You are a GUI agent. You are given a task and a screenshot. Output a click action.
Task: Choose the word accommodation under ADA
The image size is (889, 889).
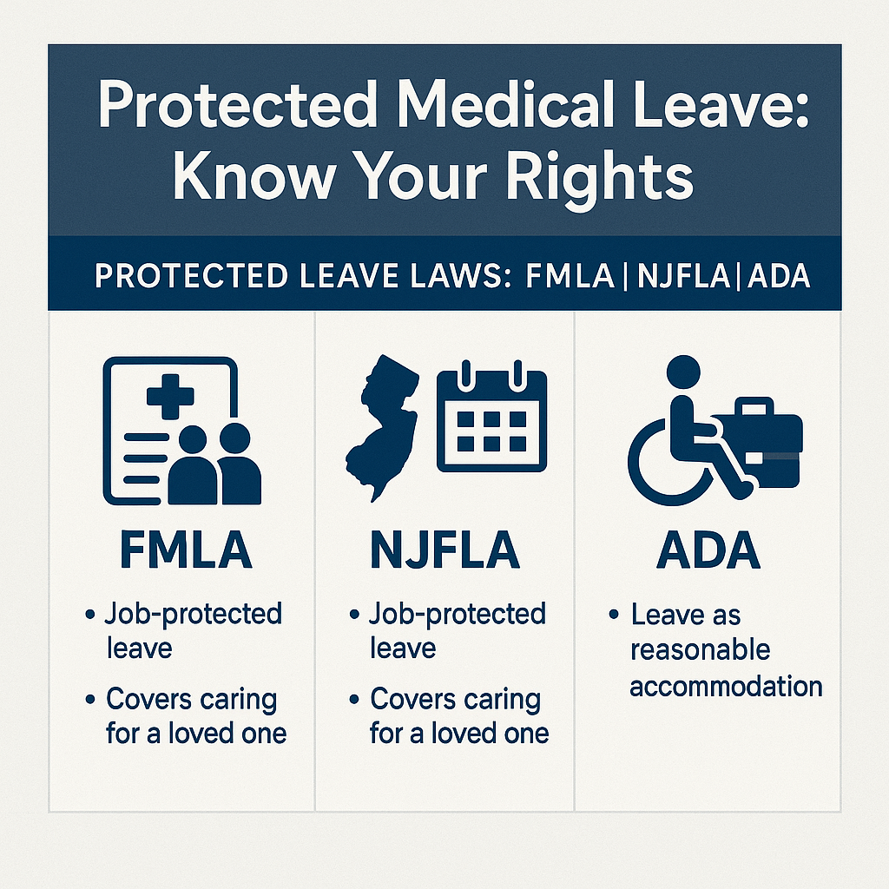pos(726,686)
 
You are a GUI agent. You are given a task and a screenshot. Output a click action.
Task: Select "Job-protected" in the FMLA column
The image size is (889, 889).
pos(194,614)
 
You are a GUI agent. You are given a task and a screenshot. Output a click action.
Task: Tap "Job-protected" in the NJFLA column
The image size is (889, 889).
pos(458,614)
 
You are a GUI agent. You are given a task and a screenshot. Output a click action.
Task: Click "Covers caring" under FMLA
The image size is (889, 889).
pos(191,699)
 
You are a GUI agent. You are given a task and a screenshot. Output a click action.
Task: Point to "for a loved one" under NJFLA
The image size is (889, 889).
pos(459,733)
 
